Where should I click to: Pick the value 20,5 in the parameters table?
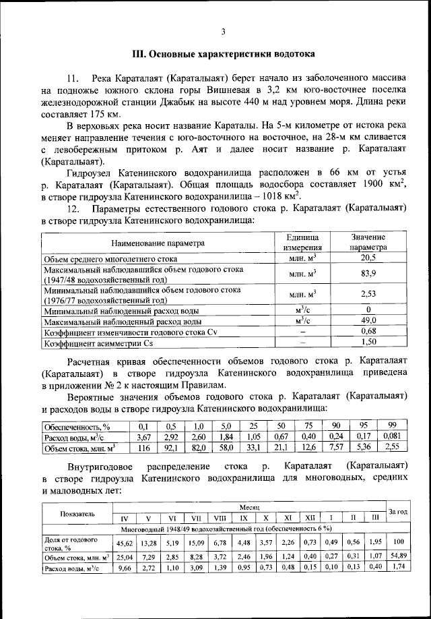[x=368, y=258]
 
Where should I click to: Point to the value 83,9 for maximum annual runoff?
[x=368, y=273]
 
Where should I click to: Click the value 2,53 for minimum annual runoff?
[x=368, y=295]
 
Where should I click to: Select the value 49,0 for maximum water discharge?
[x=368, y=321]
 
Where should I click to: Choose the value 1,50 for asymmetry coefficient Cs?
[x=368, y=343]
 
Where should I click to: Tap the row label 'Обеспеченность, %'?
[x=77, y=426]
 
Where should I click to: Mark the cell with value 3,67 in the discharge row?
[x=143, y=436]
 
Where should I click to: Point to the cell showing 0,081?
[x=391, y=436]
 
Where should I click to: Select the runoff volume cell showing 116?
[x=143, y=447]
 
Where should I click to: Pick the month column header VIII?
[x=219, y=518]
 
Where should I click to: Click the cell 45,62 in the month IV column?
[x=124, y=543]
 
